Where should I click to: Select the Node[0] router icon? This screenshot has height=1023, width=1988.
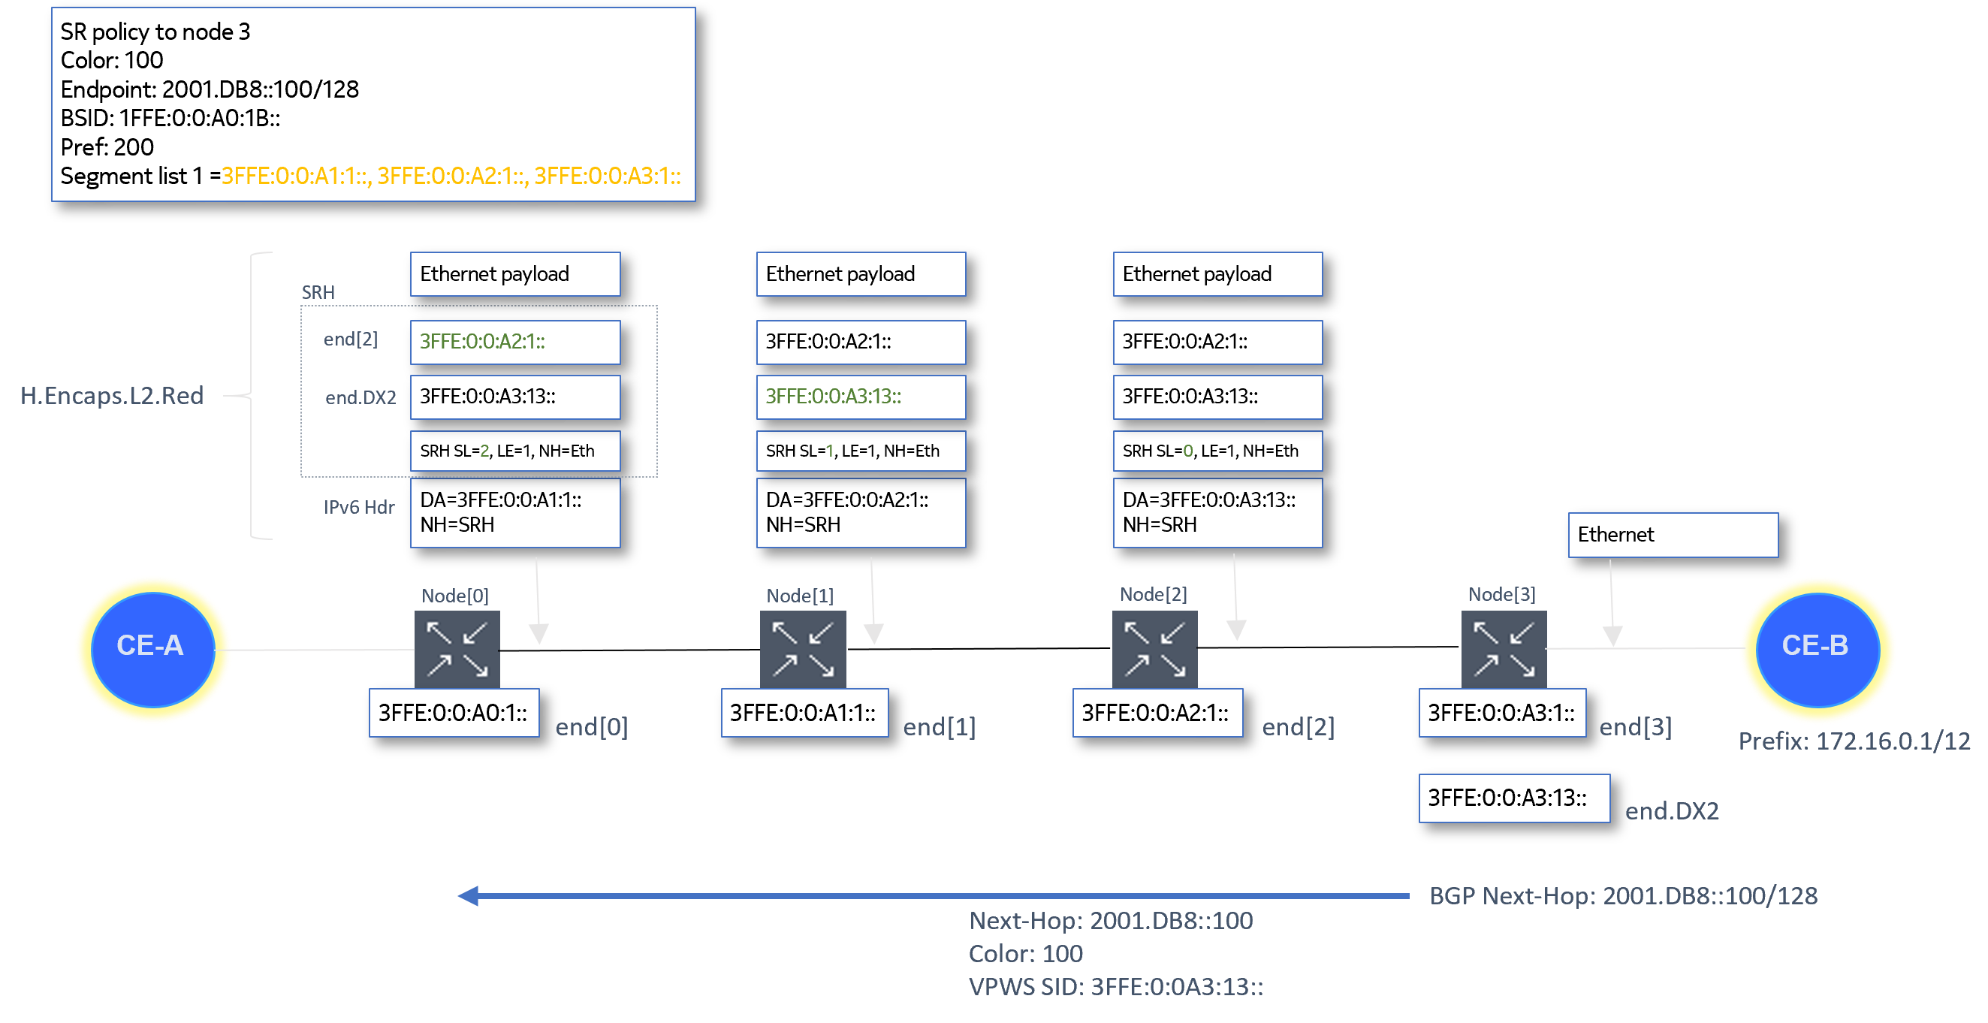(x=457, y=648)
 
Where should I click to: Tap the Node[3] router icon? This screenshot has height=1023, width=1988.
(x=1503, y=648)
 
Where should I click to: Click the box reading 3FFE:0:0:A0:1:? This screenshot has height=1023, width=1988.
(x=454, y=713)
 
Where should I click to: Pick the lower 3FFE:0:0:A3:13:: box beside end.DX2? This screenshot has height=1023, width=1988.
(x=1513, y=798)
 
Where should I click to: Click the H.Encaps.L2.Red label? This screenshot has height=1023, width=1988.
(x=112, y=395)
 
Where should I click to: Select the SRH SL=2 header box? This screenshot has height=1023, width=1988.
(x=514, y=451)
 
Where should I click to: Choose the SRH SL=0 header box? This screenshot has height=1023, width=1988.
(x=1217, y=451)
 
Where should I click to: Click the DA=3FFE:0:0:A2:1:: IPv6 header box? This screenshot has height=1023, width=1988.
(x=861, y=512)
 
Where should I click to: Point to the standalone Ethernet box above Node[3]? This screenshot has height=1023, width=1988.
(x=1673, y=534)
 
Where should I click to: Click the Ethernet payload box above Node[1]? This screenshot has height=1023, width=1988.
(x=861, y=274)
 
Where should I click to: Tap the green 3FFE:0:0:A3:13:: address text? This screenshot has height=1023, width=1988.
(x=833, y=396)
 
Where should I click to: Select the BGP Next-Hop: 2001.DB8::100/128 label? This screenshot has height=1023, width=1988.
(x=1623, y=895)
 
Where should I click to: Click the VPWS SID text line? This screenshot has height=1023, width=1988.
(x=1115, y=987)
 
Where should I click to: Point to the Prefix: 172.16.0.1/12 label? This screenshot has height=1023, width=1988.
(x=1854, y=741)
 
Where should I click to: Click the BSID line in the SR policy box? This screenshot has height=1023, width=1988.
(x=170, y=118)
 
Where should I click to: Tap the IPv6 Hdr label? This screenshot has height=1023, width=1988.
(x=358, y=507)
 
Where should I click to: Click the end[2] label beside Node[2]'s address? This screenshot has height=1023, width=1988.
(x=1298, y=726)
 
